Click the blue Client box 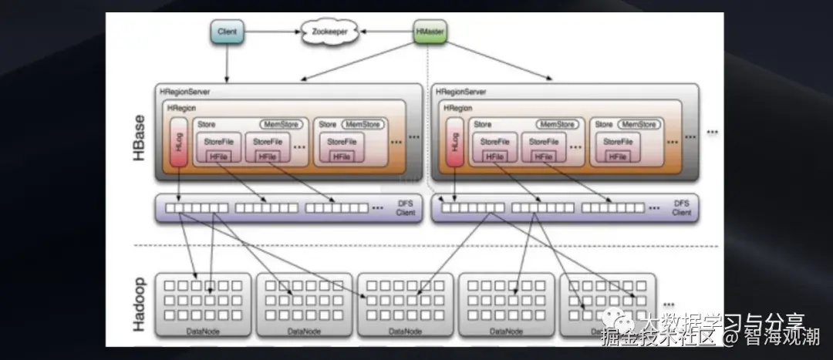(x=228, y=32)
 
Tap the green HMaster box (x=430, y=32)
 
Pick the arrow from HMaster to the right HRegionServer (x=494, y=62)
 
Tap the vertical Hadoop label (x=140, y=304)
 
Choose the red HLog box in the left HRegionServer (x=178, y=142)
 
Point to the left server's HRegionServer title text (x=185, y=92)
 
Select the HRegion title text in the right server (x=458, y=109)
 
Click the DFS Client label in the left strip (x=405, y=207)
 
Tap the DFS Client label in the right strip (x=681, y=207)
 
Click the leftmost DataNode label (x=204, y=330)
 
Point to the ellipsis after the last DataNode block (x=669, y=303)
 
